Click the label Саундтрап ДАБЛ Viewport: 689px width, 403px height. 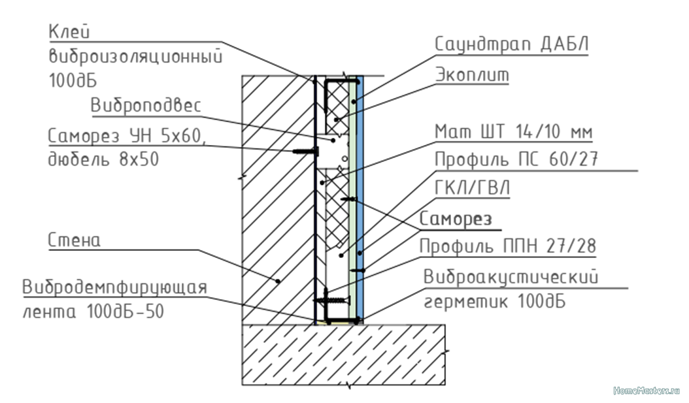512,44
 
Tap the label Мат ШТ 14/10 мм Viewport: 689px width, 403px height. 513,133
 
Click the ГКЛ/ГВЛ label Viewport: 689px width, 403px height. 473,188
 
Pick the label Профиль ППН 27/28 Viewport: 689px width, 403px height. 507,246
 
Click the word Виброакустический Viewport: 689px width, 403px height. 510,276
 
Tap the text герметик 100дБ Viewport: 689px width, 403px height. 494,302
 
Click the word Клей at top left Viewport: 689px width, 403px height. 69,31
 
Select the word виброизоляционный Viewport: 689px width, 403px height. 136,56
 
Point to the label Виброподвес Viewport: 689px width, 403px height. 145,106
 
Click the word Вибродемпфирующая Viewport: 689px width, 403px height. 115,287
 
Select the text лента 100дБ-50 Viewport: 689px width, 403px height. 93,312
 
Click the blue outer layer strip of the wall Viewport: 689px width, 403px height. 361,196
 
